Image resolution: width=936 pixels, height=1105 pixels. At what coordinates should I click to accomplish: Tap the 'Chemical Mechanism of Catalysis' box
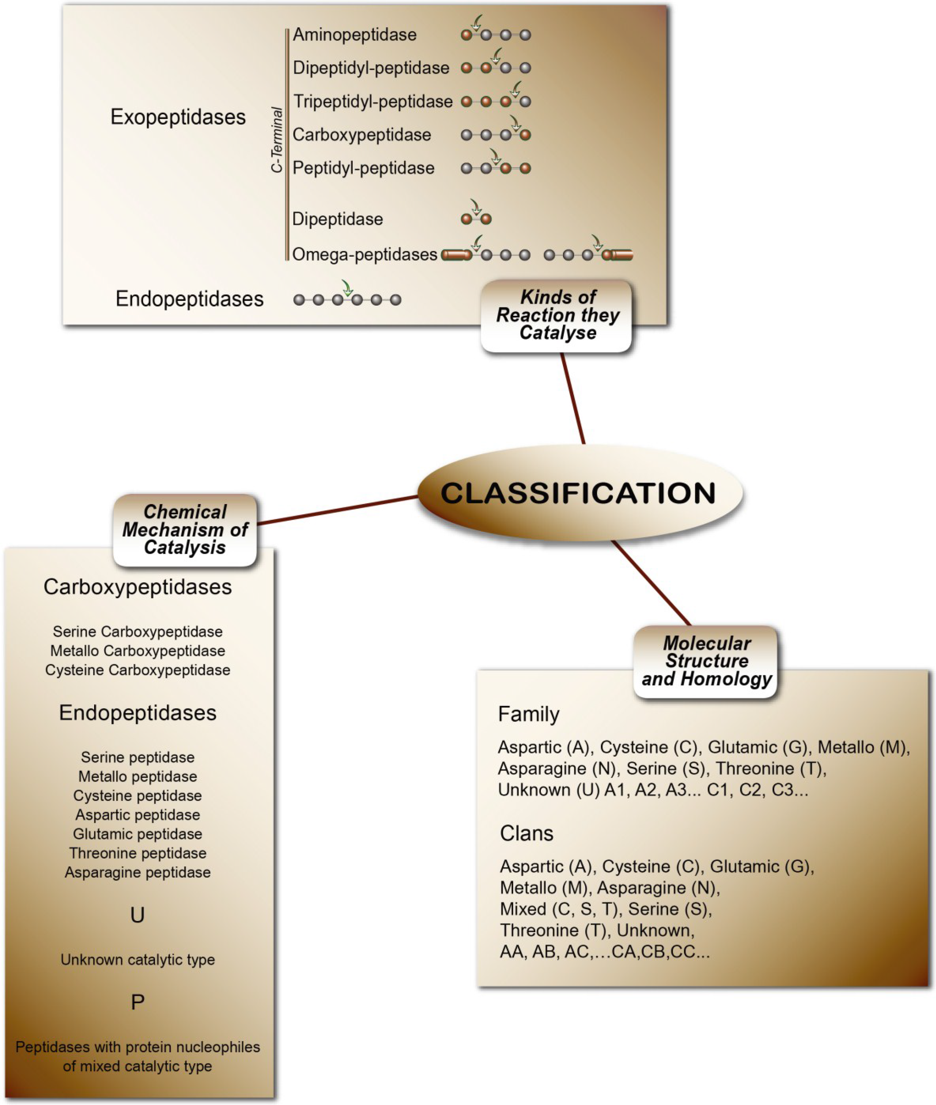coord(185,530)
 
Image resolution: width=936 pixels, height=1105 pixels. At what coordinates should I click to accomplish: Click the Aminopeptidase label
coord(354,35)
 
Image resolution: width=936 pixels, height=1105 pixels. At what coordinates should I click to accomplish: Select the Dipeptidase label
coord(337,219)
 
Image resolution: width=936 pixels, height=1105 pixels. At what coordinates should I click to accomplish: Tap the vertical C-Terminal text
coord(276,140)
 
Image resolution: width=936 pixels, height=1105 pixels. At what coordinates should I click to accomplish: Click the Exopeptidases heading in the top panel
coord(178,117)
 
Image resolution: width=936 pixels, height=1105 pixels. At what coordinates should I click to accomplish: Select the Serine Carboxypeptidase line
coord(138,632)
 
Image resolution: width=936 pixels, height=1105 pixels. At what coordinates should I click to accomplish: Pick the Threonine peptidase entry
coord(138,853)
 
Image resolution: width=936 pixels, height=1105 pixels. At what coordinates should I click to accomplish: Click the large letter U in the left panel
coord(138,914)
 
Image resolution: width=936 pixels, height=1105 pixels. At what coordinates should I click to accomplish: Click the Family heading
coord(528,714)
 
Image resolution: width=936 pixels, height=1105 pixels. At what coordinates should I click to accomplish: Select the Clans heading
coord(526,833)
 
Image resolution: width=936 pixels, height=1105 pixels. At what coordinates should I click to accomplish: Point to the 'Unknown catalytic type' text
coord(138,960)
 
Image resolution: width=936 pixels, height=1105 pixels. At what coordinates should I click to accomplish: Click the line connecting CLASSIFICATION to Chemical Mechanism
coord(337,510)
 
